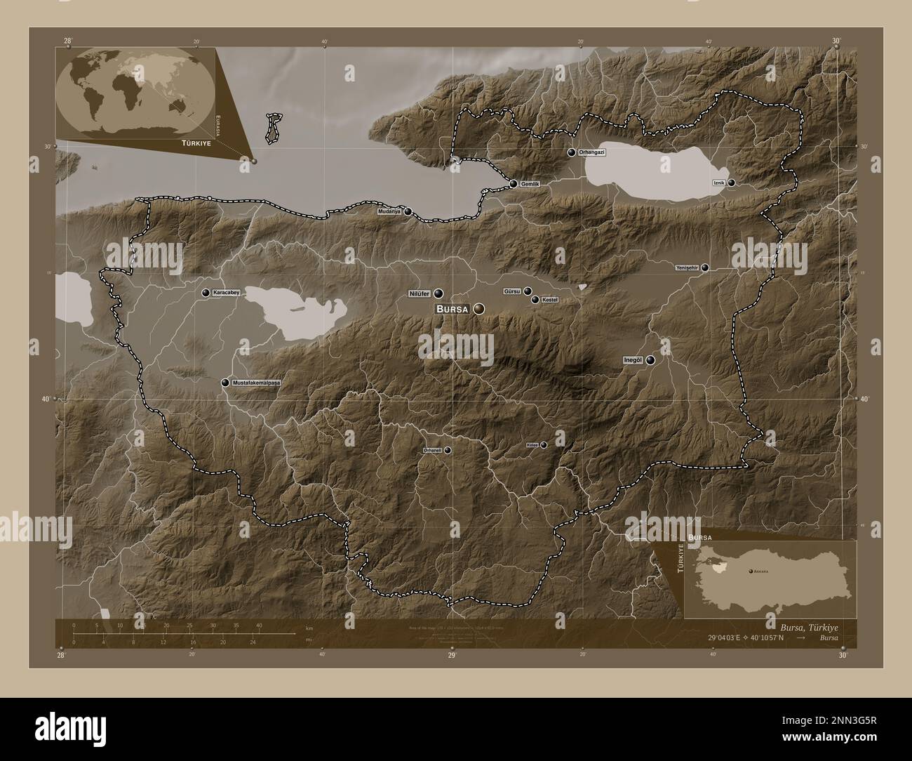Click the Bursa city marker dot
click(479, 308)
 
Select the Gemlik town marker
click(514, 184)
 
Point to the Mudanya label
click(389, 211)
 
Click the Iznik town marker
click(732, 183)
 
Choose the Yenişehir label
click(687, 267)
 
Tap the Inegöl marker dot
click(650, 360)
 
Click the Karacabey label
click(227, 293)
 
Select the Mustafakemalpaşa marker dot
click(225, 383)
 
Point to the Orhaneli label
click(432, 449)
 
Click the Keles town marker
click(543, 444)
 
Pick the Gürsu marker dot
click(528, 291)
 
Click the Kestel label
click(549, 300)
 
